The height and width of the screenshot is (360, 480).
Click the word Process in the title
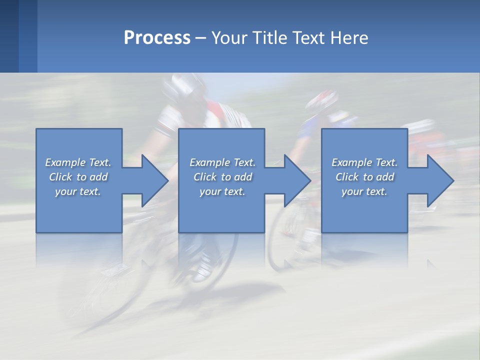pyautogui.click(x=157, y=38)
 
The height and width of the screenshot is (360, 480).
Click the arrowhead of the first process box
pyautogui.click(x=154, y=180)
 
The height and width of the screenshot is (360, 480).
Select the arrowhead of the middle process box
pyautogui.click(x=297, y=180)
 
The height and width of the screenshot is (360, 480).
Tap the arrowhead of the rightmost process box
pyautogui.click(x=440, y=180)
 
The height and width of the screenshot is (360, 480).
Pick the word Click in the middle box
pyautogui.click(x=204, y=177)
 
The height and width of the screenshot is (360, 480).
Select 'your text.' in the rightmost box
pyautogui.click(x=364, y=191)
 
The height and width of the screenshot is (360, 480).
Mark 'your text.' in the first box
pyautogui.click(x=78, y=191)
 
